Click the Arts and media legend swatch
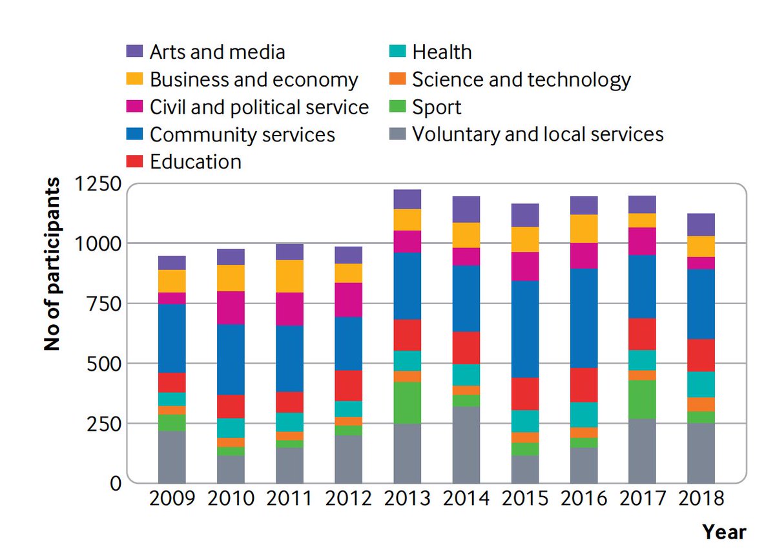pos(134,52)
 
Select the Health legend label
pos(442,52)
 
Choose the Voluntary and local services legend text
pos(537,134)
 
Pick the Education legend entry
pos(195,161)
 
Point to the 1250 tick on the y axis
pos(98,184)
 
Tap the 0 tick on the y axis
pos(116,482)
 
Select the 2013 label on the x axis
pos(407,499)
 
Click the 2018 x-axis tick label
pos(701,499)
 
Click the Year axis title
pos(724,532)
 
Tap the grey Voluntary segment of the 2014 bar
pos(466,444)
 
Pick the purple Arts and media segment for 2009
pos(172,262)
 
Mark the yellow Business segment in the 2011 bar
pos(289,276)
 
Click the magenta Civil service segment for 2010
pos(231,307)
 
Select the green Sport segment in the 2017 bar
pos(642,399)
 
